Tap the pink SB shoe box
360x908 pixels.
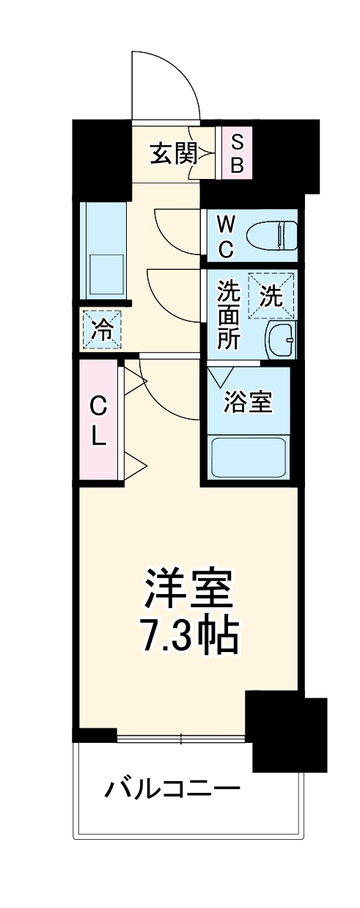click(237, 153)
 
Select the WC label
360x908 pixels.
click(225, 236)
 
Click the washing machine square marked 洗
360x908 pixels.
click(271, 296)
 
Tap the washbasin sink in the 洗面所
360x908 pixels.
click(280, 339)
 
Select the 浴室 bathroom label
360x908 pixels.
click(249, 401)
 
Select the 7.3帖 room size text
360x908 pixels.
click(188, 639)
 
